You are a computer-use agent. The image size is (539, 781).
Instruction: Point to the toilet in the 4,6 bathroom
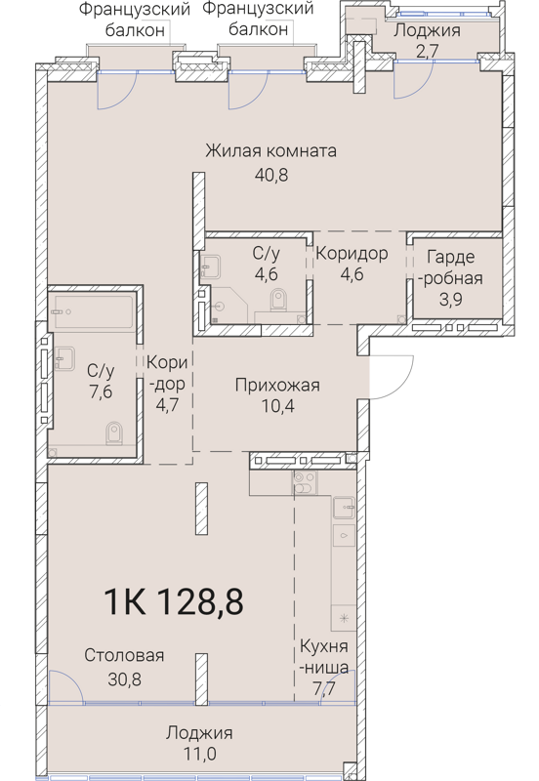pyautogui.click(x=277, y=307)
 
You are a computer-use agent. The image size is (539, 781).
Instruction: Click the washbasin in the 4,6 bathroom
pyautogui.click(x=210, y=264)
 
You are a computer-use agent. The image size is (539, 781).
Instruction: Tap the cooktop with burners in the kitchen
pyautogui.click(x=302, y=485)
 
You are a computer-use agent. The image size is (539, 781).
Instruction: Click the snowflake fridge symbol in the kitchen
pyautogui.click(x=343, y=617)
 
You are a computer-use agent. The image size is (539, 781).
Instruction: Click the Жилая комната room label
pyautogui.click(x=270, y=151)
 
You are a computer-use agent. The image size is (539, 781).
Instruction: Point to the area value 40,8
pyautogui.click(x=270, y=176)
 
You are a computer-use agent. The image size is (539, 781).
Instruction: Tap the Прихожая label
pyautogui.click(x=277, y=386)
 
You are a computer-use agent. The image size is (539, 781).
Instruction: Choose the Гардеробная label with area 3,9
pyautogui.click(x=450, y=279)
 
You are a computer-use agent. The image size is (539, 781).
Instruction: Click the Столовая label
pyautogui.click(x=123, y=655)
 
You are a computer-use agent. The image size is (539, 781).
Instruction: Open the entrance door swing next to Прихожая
pyautogui.click(x=386, y=376)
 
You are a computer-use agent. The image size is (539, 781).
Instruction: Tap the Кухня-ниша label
pyautogui.click(x=323, y=658)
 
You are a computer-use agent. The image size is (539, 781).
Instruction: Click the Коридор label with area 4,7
pyautogui.click(x=164, y=382)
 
